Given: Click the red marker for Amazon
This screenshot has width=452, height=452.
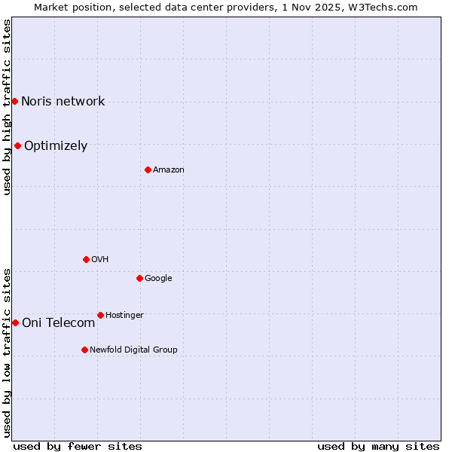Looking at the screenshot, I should tap(148, 169).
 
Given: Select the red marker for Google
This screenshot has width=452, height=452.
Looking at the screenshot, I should tap(139, 278).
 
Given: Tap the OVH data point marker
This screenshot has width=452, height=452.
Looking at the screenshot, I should tap(86, 259).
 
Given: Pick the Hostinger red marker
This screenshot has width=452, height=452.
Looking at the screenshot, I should tap(100, 315).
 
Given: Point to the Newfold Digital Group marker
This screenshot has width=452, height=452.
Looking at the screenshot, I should tap(84, 350).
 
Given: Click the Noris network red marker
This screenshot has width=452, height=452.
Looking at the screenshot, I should tap(14, 101).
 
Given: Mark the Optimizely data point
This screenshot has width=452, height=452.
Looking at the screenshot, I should tap(17, 145).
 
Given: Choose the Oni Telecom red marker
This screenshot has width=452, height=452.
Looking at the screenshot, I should tap(15, 322).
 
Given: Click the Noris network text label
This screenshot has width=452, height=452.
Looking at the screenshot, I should tap(63, 102).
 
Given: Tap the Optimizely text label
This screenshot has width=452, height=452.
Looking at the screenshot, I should tap(56, 146).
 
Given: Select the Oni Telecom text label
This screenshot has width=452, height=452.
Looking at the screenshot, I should tap(59, 323).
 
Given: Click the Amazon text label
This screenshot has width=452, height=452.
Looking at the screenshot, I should tap(169, 170).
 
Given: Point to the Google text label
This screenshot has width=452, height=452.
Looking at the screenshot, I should tap(158, 279).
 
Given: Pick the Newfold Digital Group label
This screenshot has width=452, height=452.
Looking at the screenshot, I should tap(133, 350).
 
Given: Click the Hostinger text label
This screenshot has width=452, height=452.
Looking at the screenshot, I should tap(124, 315).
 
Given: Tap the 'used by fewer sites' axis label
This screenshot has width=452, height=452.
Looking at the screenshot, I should tap(78, 446).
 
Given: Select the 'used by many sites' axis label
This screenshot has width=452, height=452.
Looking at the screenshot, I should tap(378, 446).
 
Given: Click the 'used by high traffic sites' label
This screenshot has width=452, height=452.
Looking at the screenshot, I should tap(7, 106).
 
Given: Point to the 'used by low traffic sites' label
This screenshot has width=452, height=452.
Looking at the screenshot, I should tap(7, 352).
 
